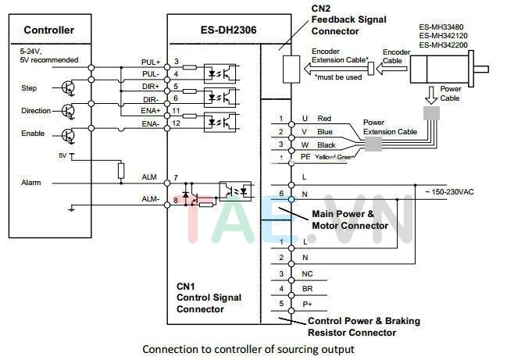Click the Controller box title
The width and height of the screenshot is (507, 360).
click(x=48, y=30)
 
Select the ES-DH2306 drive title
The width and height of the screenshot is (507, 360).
click(x=213, y=30)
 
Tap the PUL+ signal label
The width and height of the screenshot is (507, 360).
click(x=151, y=62)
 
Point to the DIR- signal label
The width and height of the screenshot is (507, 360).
click(x=151, y=100)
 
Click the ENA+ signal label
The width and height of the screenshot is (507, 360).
click(x=151, y=112)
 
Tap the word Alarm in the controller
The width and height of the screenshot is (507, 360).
click(x=31, y=182)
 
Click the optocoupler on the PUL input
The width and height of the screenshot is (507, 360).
click(x=220, y=70)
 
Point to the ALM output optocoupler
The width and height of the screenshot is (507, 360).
click(x=235, y=190)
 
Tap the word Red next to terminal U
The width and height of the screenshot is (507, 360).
click(x=324, y=119)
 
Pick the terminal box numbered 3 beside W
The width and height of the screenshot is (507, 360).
click(x=280, y=144)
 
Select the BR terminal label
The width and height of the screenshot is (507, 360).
click(x=307, y=288)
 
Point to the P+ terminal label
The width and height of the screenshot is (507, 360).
click(x=307, y=303)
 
